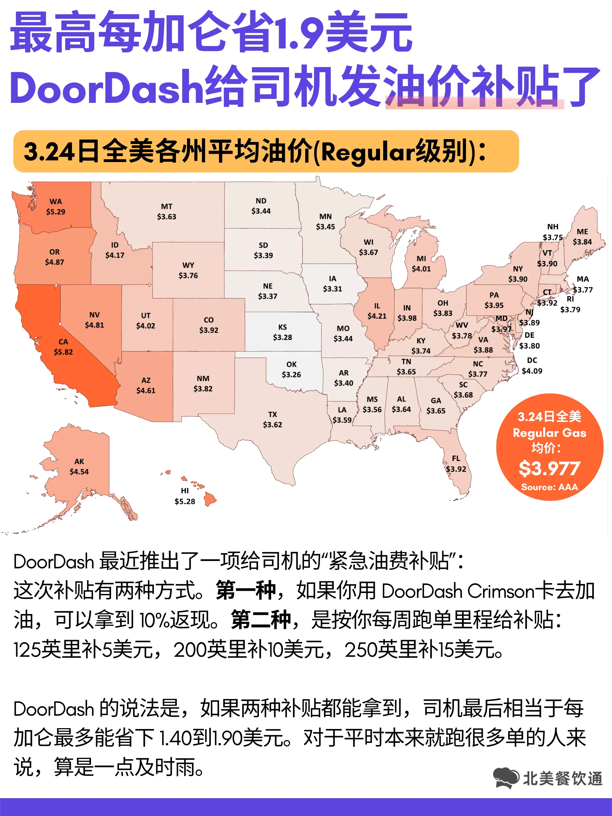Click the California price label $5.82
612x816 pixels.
[x=63, y=352]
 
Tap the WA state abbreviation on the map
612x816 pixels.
[x=56, y=201]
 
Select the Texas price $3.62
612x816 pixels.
[x=273, y=425]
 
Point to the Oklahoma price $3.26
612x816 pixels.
[x=292, y=375]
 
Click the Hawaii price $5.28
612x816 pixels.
[x=185, y=501]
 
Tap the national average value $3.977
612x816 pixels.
[x=549, y=469]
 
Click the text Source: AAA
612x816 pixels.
[x=549, y=487]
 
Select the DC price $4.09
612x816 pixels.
[x=532, y=371]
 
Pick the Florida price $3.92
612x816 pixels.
[x=456, y=469]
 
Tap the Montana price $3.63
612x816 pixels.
[x=167, y=216]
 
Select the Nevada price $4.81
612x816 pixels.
[x=94, y=325]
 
